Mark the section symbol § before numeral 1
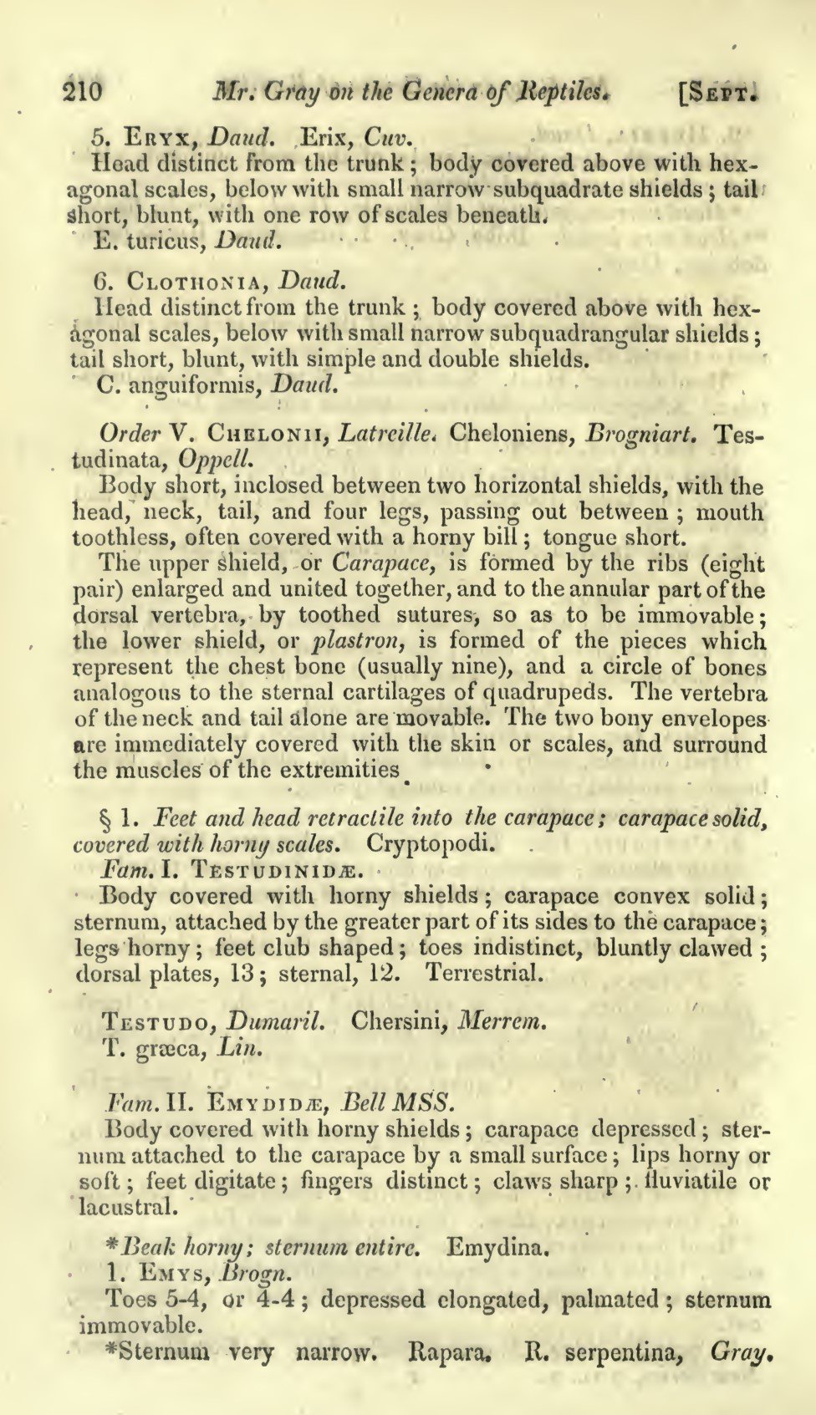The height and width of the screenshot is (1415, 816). point(107,817)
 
